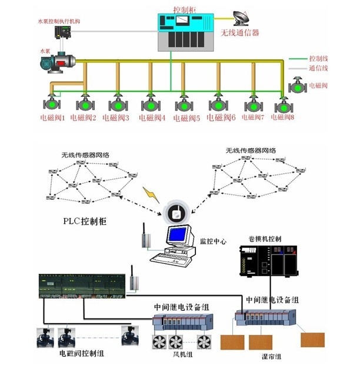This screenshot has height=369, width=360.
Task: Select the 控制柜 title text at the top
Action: click(x=185, y=10)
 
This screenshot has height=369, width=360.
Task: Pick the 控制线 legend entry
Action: click(x=318, y=59)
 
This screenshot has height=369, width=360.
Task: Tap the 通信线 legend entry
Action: click(x=318, y=68)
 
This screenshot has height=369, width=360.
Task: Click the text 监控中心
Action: click(x=214, y=241)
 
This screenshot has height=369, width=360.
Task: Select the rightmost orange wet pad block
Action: click(x=312, y=339)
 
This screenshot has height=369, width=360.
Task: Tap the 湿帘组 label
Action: click(x=271, y=356)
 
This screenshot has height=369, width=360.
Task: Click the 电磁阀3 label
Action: click(x=116, y=118)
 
